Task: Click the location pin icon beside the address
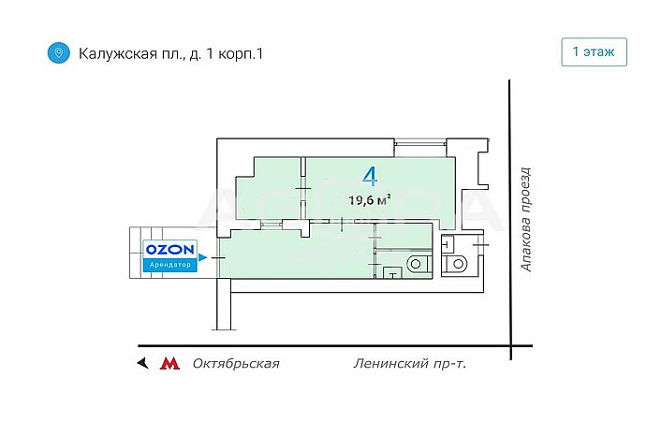pos(58,52)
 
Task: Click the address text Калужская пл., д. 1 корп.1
pos(170,53)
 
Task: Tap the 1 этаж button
pos(594,51)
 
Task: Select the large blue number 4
pos(370,175)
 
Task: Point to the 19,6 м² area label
pos(369,198)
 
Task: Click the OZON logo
pos(169,250)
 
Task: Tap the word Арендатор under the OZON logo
pos(169,265)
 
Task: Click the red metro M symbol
pos(169,363)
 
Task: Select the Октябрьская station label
pos(236,363)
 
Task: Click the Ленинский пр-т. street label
pos(410,363)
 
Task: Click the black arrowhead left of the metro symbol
pos(142,363)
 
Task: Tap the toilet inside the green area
pos(419,263)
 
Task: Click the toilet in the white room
pos(459,263)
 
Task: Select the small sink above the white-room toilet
pos(448,245)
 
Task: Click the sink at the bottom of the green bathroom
pos(391,272)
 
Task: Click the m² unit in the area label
pos(385,197)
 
